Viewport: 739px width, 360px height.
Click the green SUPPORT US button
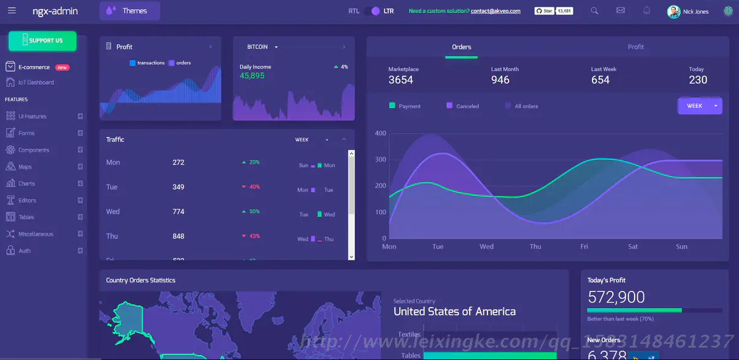42,41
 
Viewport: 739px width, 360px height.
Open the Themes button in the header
129,10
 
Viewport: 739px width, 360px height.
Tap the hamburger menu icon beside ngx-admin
12,10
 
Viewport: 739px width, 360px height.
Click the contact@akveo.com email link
495,11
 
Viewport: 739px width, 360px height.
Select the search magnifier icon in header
594,10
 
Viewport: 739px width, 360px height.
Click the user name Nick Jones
696,12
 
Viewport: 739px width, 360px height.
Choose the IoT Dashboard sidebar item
36,82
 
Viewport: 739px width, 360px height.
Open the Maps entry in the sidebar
25,167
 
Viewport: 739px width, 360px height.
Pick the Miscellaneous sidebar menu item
35,234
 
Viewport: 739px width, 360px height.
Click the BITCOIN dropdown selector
262,47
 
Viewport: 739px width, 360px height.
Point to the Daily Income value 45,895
252,76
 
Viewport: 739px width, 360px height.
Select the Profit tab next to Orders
635,47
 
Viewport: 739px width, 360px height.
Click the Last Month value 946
500,80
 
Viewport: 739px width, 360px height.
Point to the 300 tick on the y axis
380,159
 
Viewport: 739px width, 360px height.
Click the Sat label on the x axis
633,246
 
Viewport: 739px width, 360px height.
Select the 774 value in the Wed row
179,211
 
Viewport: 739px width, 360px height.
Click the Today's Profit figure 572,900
616,298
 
